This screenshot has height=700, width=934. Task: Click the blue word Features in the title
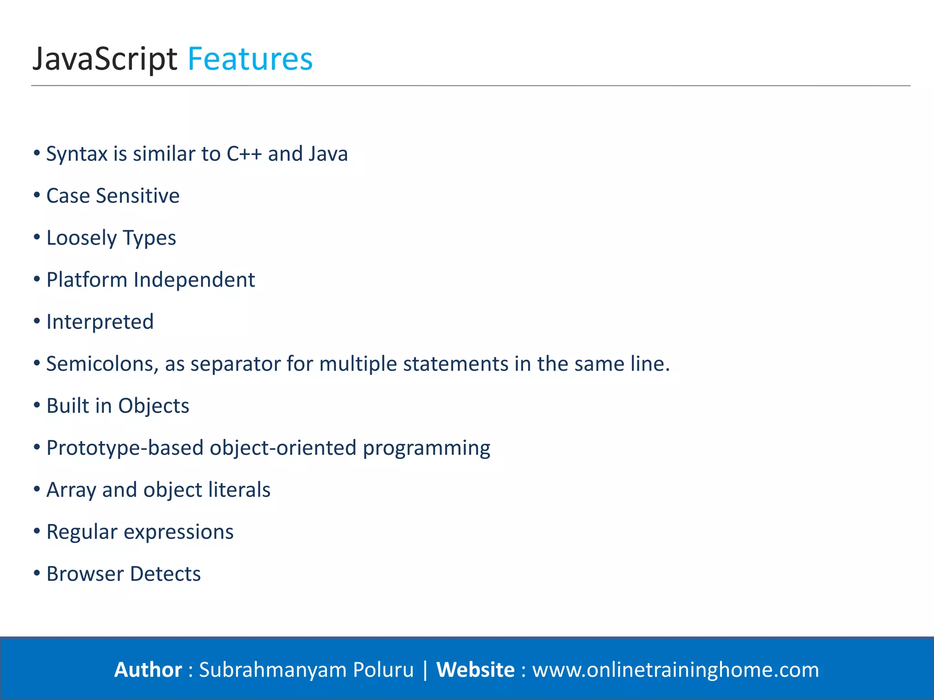coord(250,59)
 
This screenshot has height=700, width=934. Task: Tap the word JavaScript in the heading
coord(104,59)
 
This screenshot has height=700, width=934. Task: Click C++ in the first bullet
coord(244,154)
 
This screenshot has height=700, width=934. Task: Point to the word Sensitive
coord(138,196)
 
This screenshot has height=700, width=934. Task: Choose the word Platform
coord(87,280)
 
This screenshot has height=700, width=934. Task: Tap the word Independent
coord(194,280)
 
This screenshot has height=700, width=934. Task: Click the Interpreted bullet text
coord(100,322)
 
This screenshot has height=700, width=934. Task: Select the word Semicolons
coord(103,364)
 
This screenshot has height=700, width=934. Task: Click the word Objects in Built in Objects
coord(154,406)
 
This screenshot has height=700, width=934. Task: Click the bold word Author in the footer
coord(148,670)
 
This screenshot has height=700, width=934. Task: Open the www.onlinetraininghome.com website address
coord(675,670)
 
